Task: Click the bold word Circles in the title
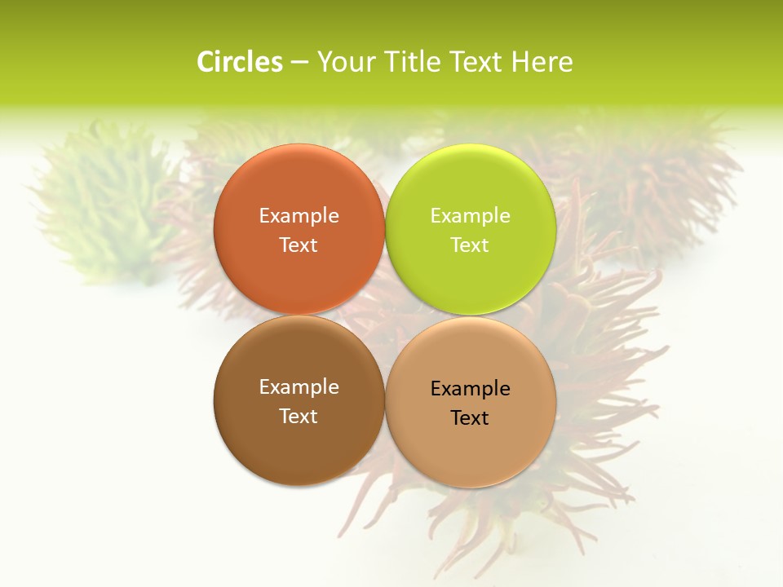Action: [x=240, y=62]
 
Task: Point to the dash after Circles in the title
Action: [x=299, y=63]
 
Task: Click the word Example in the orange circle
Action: [x=299, y=216]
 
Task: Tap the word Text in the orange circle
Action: [x=299, y=245]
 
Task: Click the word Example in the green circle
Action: [x=471, y=216]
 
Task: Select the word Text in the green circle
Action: [x=471, y=245]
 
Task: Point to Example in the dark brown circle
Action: [x=299, y=387]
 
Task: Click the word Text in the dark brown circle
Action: [x=299, y=417]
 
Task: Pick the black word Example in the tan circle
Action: [x=471, y=389]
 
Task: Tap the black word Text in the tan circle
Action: [x=471, y=418]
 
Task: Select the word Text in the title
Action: [x=477, y=62]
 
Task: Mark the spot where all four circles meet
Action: [x=385, y=315]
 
